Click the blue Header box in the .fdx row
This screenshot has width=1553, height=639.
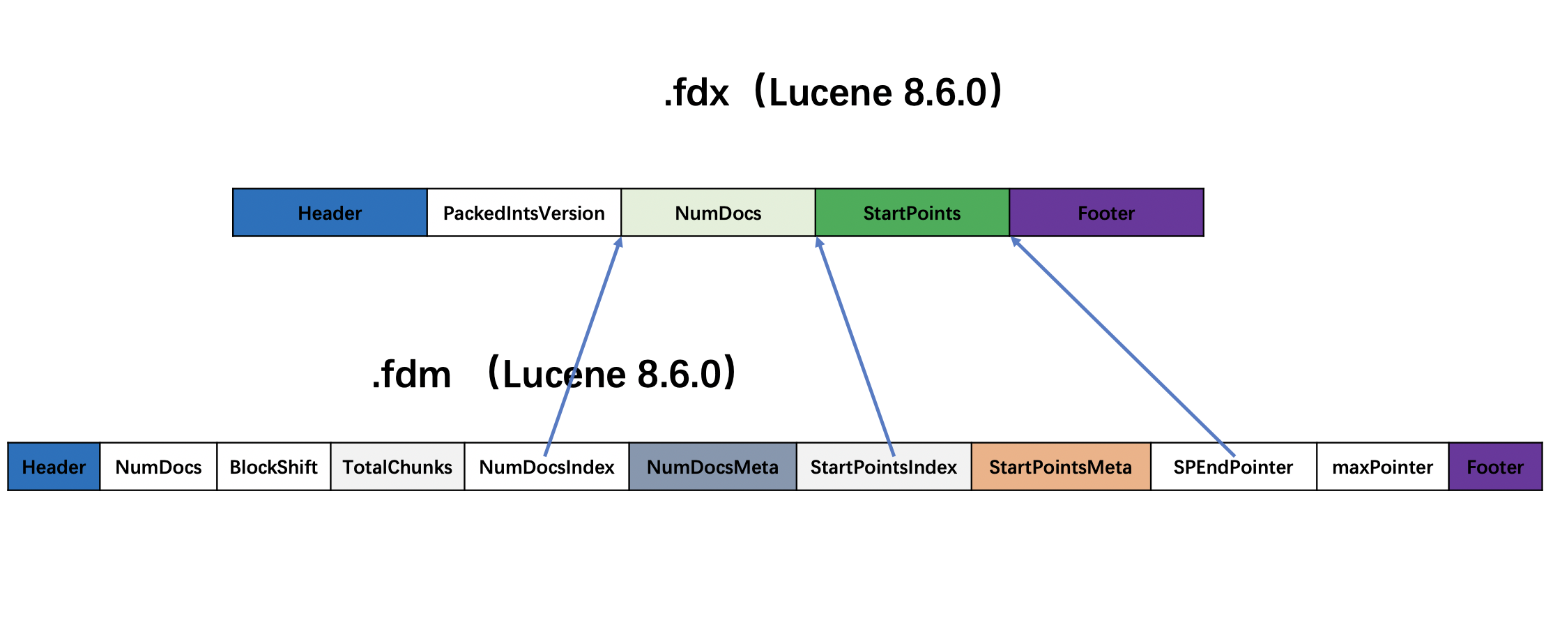330,213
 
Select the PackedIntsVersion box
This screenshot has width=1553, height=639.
524,213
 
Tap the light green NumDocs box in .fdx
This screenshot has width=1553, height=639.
718,213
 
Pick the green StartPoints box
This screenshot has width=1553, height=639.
912,213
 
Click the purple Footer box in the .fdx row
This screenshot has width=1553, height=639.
1107,213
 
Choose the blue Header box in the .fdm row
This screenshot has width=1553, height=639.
54,467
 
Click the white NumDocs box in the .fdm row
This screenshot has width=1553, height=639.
158,467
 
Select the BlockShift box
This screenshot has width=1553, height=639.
274,467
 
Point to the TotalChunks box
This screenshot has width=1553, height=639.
397,467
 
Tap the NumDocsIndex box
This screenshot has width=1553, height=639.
547,467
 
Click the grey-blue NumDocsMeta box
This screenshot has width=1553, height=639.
713,467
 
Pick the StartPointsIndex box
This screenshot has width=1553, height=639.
884,467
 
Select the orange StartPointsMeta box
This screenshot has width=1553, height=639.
1061,467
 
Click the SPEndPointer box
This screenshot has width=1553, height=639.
1234,467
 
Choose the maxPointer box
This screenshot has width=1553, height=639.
1383,467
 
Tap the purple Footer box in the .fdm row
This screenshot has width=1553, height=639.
1496,467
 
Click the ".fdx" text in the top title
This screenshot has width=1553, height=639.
696,93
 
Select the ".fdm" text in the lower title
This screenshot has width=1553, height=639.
412,375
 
